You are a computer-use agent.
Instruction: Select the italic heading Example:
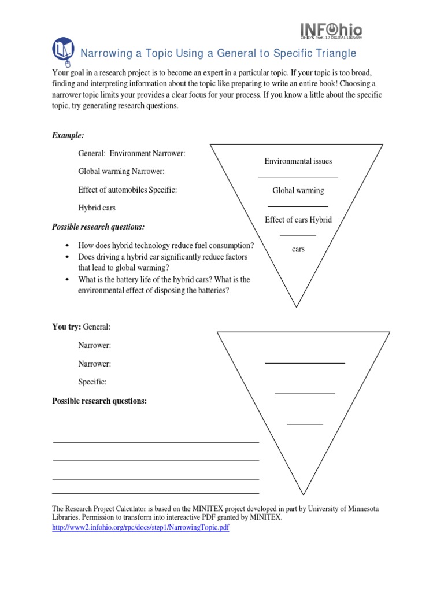pos(68,135)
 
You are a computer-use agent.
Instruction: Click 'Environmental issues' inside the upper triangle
pos(298,161)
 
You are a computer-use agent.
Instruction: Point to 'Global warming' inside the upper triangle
pos(298,190)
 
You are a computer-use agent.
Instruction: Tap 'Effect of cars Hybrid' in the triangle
pos(298,220)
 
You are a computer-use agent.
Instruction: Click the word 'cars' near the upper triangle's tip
pos(298,249)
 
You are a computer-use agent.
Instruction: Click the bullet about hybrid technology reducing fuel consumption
pos(166,245)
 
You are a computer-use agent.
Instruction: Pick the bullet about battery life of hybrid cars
pos(164,279)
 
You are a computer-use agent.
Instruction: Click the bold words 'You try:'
pos(66,327)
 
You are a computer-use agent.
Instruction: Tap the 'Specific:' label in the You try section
pos(92,382)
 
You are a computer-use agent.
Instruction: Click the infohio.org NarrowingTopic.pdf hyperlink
pos(140,528)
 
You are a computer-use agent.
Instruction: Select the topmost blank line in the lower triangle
pos(305,363)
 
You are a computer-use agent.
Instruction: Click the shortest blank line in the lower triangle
pos(305,424)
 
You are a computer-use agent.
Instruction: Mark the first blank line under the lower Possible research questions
pos(156,443)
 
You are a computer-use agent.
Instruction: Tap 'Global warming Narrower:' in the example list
pos(121,172)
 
